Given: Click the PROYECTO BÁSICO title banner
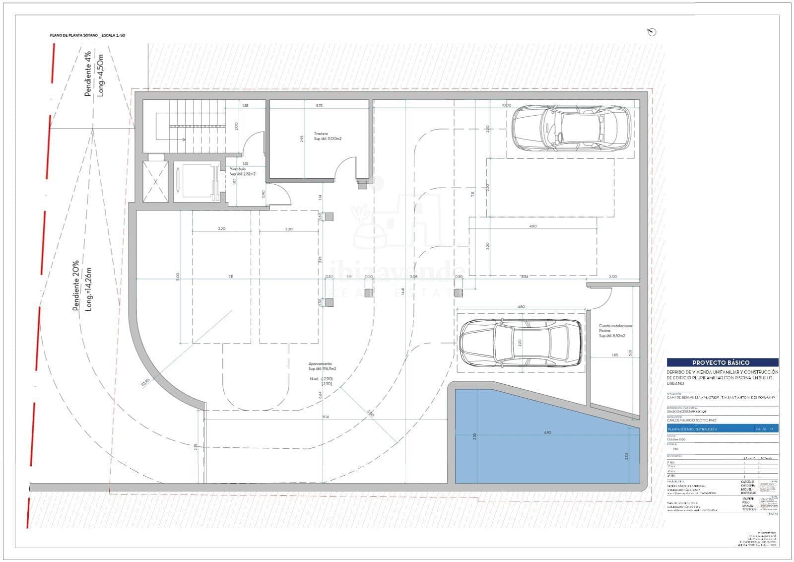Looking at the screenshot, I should pos(722,362).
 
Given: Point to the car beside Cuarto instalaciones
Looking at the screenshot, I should pos(521,343).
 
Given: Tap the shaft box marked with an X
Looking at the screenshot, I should pos(156,182).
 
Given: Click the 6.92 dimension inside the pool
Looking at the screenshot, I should pos(547,432).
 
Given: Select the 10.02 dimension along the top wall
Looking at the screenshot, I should pos(506,105).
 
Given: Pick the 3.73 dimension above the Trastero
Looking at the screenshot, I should pos(319,105).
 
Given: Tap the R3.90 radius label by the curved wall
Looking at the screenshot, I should pos(145,382).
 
